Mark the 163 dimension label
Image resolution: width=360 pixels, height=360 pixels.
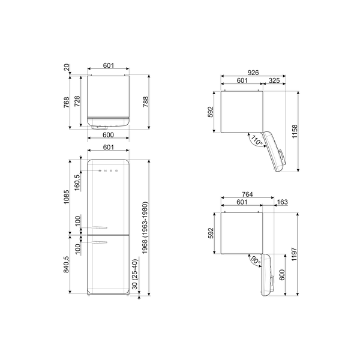[282, 202]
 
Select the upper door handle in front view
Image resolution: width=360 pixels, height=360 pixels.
[100, 227]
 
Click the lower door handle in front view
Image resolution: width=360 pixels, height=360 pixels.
[100, 241]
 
